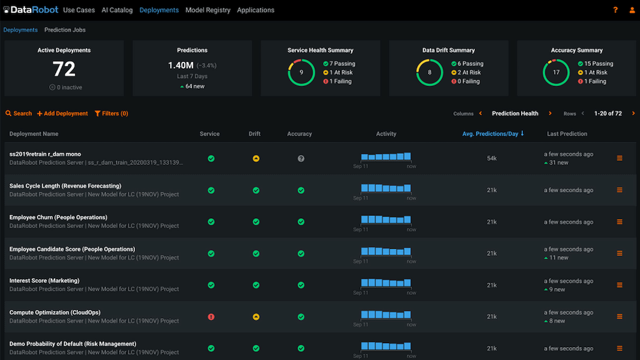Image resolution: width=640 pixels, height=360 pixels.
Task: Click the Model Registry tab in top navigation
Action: coord(208,10)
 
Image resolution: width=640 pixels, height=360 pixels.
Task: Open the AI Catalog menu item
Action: coord(117,10)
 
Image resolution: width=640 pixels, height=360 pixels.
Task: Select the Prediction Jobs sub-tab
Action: coord(65,30)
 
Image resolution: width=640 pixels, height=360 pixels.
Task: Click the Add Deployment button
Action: coord(62,113)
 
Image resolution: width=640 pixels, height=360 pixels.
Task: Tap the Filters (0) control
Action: coord(111,113)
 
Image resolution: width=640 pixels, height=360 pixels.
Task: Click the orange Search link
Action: coord(19,113)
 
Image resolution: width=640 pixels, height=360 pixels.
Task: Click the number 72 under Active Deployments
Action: coord(64,69)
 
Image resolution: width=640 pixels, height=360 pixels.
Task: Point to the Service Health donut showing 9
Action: coord(301,73)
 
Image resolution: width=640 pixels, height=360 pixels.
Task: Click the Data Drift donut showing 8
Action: coord(429,73)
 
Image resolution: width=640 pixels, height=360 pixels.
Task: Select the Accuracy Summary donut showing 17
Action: coord(556,73)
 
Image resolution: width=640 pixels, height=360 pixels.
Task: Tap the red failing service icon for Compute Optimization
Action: coord(211,317)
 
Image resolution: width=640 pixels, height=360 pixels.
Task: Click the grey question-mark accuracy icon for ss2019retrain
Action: coord(301,159)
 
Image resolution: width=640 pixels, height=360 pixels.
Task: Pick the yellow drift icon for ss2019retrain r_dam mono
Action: coord(256,159)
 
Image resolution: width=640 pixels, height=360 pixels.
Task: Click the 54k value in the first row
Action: coord(492,159)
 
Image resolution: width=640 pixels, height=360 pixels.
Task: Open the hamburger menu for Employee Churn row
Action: coord(619,222)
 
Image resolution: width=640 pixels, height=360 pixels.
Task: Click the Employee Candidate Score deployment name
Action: coord(72,249)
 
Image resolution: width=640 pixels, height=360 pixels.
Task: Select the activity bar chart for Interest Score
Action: coord(386,283)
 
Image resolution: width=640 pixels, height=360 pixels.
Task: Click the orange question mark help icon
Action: coord(615,10)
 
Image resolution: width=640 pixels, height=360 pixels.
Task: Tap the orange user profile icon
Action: coord(632,10)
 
